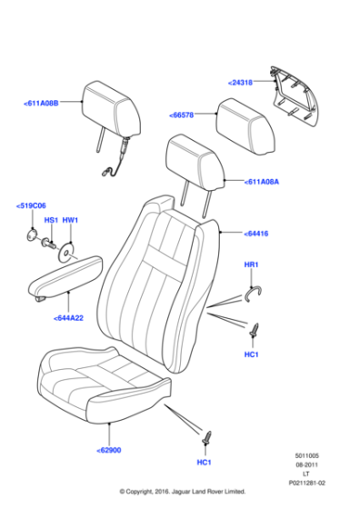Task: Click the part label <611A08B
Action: click(x=41, y=104)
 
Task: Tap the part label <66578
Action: click(x=182, y=115)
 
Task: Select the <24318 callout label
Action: click(x=240, y=83)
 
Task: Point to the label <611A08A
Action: click(x=262, y=182)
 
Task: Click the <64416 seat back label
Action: click(x=256, y=234)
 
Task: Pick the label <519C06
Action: click(x=31, y=205)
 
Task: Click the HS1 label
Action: click(x=51, y=220)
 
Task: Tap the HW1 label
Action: click(x=70, y=220)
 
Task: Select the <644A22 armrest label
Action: click(x=68, y=318)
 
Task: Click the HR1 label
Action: click(x=251, y=264)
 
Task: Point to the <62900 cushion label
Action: click(x=109, y=450)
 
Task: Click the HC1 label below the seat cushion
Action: click(x=205, y=463)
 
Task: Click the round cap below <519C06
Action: click(x=32, y=235)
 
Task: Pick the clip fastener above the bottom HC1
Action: click(x=206, y=437)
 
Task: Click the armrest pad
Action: click(x=65, y=278)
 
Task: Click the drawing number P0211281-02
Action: click(x=306, y=484)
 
